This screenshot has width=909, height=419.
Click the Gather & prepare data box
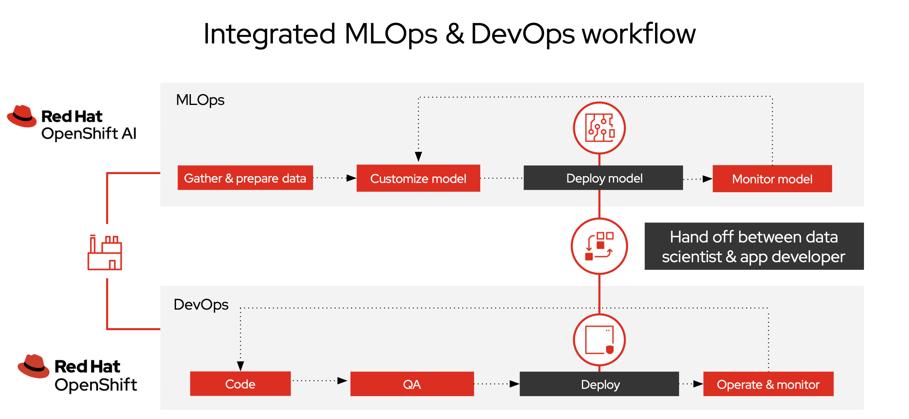pyautogui.click(x=245, y=178)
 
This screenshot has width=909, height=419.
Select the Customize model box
pyautogui.click(x=418, y=178)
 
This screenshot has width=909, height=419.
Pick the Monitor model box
pyautogui.click(x=772, y=179)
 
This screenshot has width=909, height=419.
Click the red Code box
pyautogui.click(x=240, y=384)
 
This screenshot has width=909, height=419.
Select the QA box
pyautogui.click(x=412, y=384)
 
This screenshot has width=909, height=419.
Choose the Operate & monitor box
pyautogui.click(x=768, y=384)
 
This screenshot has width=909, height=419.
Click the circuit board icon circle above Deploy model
pyautogui.click(x=599, y=128)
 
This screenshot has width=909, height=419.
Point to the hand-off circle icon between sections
pyautogui.click(x=599, y=246)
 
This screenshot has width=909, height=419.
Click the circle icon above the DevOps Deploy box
pyautogui.click(x=599, y=340)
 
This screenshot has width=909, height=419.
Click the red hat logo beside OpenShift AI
pyautogui.click(x=22, y=116)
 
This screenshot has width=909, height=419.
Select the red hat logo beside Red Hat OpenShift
pyautogui.click(x=33, y=366)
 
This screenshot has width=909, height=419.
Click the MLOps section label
pyautogui.click(x=200, y=100)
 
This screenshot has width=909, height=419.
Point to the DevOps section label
pyautogui.click(x=201, y=304)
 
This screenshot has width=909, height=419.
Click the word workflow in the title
pyautogui.click(x=639, y=34)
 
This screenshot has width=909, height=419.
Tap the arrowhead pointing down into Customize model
pyautogui.click(x=418, y=156)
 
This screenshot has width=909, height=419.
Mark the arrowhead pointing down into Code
pyautogui.click(x=240, y=366)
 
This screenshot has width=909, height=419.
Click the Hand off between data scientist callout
pyautogui.click(x=754, y=246)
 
